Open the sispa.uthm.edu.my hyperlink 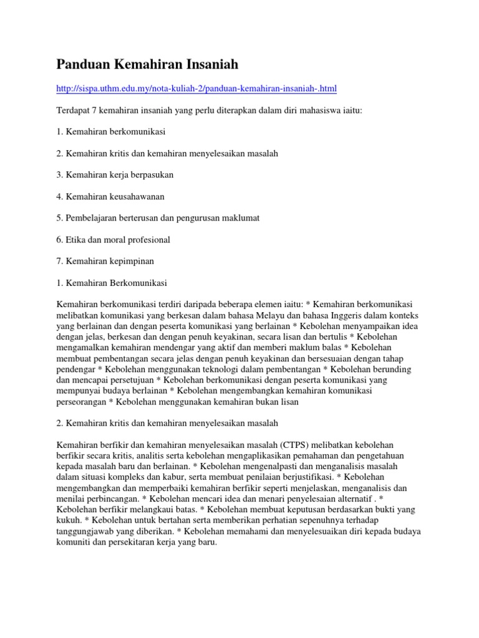tap(196, 89)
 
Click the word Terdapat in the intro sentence tap(74, 110)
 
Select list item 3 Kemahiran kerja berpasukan tap(115, 175)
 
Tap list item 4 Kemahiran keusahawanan tap(110, 197)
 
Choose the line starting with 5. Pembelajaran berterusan tap(158, 218)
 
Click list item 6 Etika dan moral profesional tap(113, 240)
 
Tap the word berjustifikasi tap(282, 477)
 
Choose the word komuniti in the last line tap(74, 543)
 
